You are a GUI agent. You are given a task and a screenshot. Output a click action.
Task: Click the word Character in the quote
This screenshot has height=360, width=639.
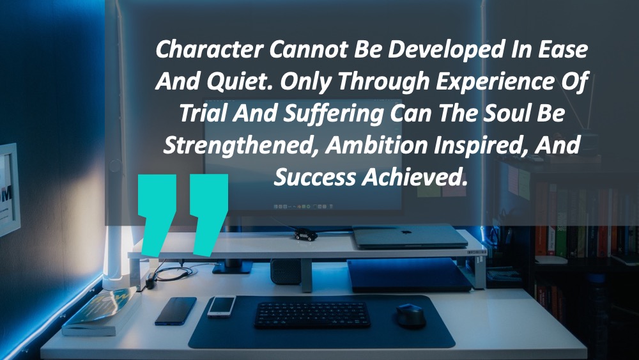pos(210,49)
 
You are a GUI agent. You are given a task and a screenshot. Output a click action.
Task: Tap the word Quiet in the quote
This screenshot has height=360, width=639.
pos(240,82)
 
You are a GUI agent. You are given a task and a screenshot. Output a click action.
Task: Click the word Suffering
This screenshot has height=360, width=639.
pos(334,114)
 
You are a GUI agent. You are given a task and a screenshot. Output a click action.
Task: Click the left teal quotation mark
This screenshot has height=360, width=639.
pos(157,215)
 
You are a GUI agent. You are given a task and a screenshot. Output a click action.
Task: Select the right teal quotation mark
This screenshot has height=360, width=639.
pos(209,215)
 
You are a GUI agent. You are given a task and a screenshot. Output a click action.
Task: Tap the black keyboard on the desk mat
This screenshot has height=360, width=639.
pos(312,315)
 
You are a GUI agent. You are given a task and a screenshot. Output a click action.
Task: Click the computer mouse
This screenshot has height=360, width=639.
pos(411,315)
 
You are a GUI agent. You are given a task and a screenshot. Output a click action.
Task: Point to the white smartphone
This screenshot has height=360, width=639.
pos(221,306)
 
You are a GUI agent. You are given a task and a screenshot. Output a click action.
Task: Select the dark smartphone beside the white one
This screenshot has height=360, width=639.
pos(176,311)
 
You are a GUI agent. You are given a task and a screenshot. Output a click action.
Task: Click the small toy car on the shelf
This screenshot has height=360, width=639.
pos(305,235)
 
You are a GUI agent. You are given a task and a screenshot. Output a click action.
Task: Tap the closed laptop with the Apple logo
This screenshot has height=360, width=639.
pos(410,237)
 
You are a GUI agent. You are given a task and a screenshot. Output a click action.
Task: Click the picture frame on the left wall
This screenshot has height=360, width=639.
pos(9,189)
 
